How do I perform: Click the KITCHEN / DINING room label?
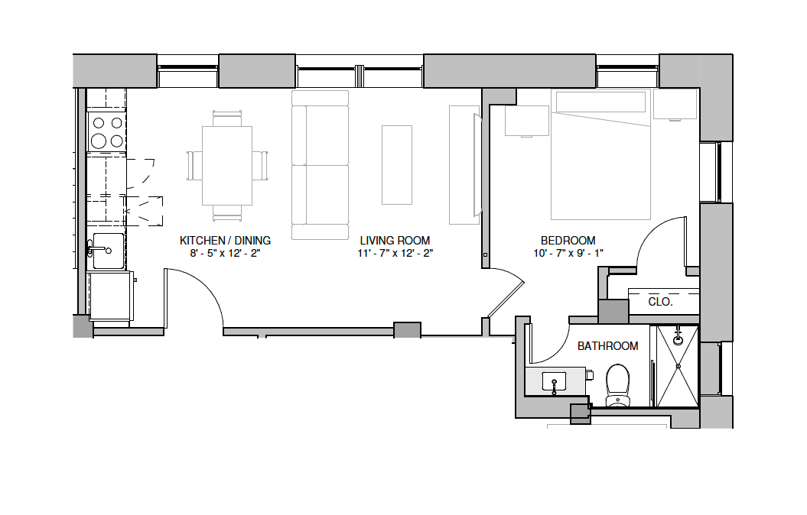(x=225, y=241)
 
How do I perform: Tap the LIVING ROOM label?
(x=395, y=241)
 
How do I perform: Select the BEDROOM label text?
(x=568, y=241)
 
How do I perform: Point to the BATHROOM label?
(x=607, y=346)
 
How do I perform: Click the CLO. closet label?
(x=660, y=302)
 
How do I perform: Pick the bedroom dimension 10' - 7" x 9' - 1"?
(x=568, y=253)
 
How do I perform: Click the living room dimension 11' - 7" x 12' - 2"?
(x=395, y=253)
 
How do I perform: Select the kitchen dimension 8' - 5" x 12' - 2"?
(x=225, y=253)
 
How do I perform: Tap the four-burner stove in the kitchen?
(x=106, y=131)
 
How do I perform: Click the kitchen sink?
(x=106, y=251)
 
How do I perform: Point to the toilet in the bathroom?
(x=617, y=385)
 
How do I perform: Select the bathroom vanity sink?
(x=554, y=382)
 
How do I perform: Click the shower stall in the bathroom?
(x=678, y=366)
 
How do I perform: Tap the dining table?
(x=227, y=166)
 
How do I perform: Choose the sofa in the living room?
(x=321, y=165)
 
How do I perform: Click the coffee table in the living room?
(x=397, y=165)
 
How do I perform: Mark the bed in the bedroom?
(x=600, y=154)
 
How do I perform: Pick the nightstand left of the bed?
(x=527, y=121)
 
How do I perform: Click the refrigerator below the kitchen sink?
(x=110, y=296)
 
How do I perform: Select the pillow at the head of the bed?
(x=600, y=102)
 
